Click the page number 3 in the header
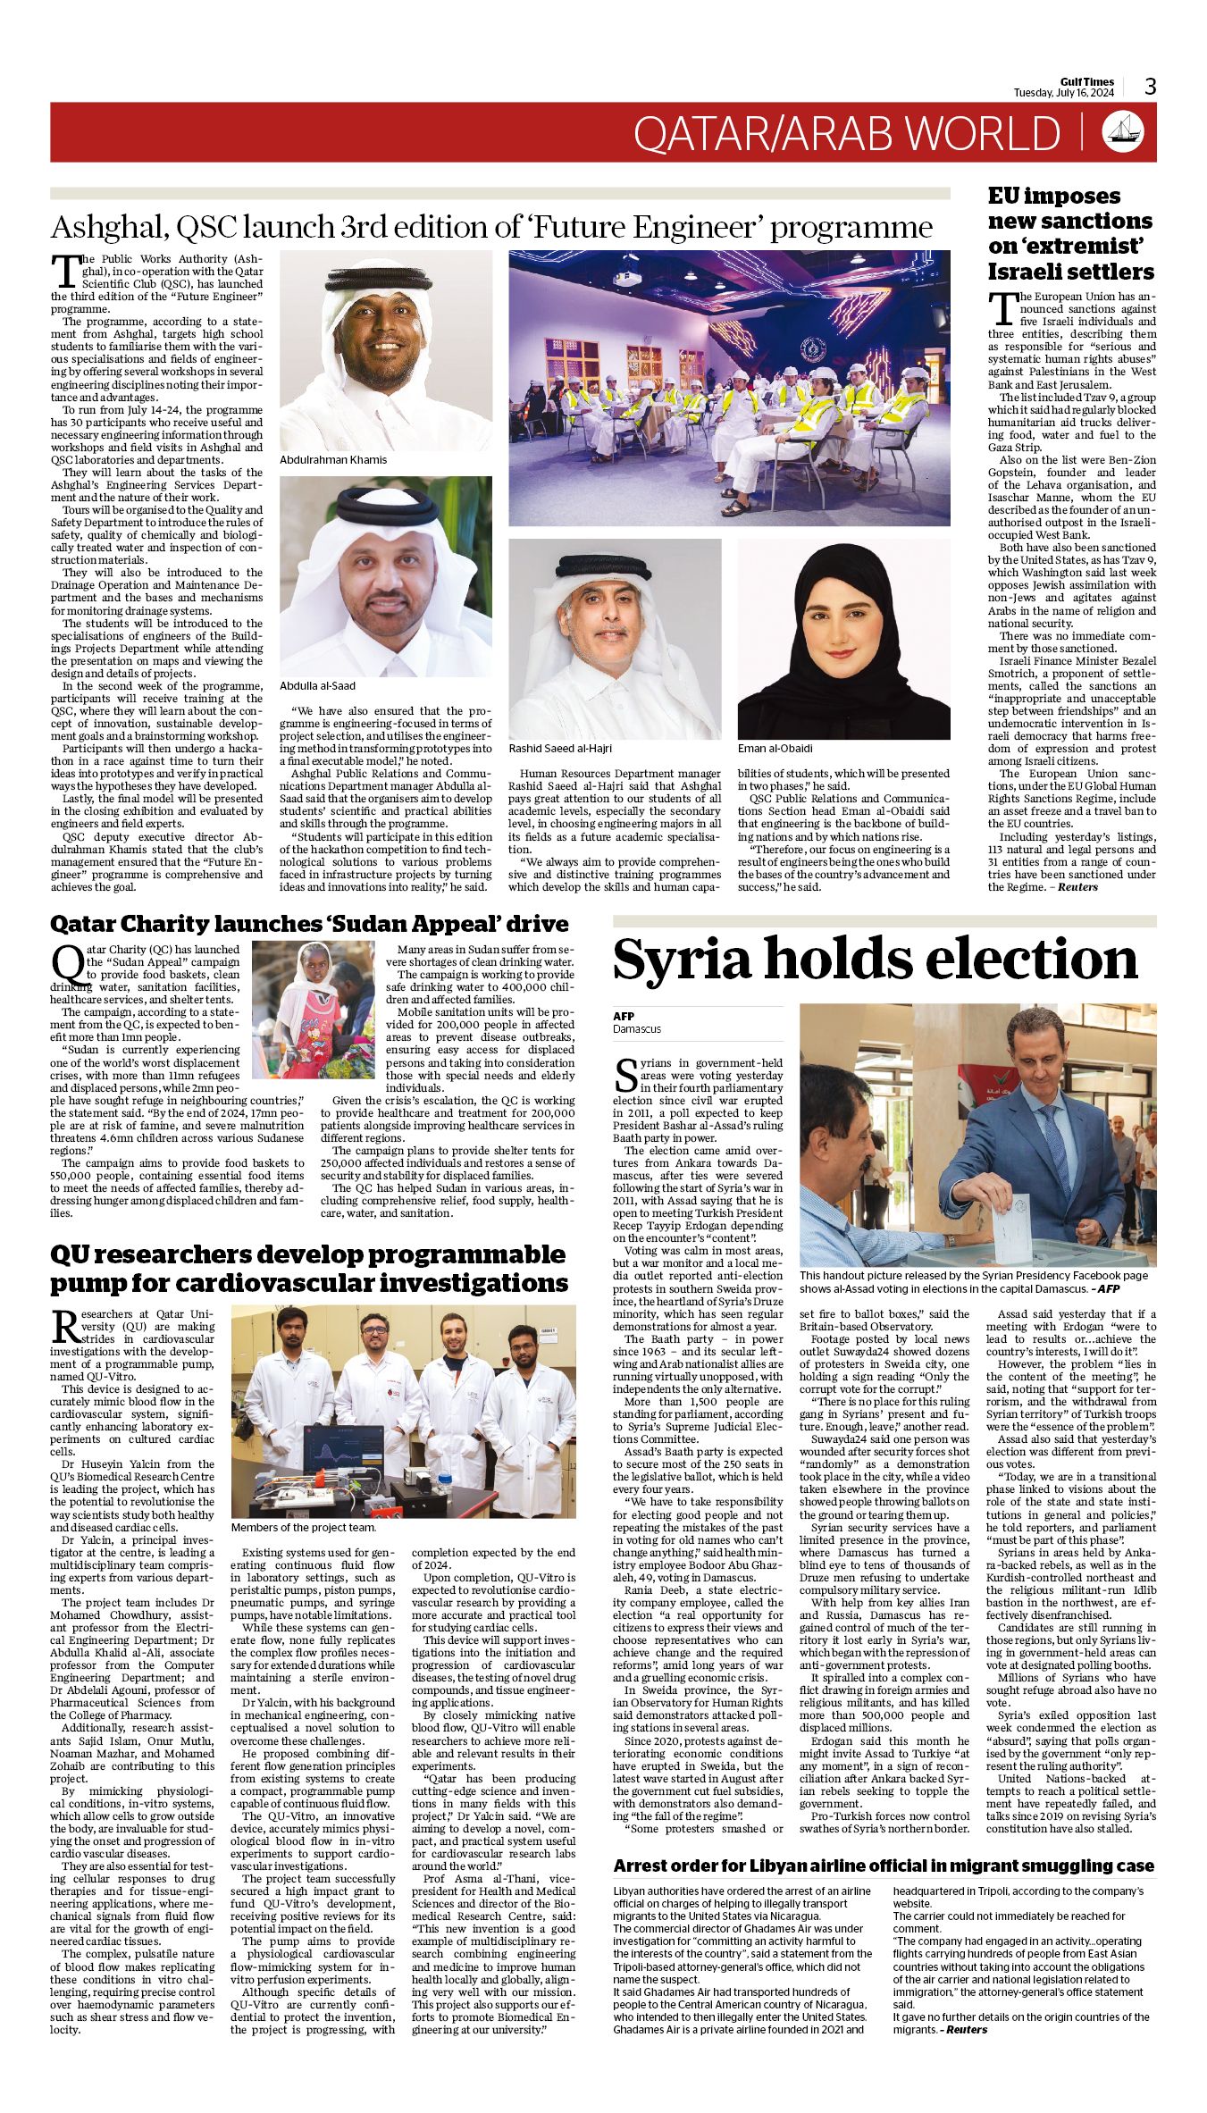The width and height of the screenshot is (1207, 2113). tap(1151, 87)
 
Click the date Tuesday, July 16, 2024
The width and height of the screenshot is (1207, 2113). tap(1063, 93)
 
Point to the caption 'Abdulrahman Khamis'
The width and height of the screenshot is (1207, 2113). tap(333, 459)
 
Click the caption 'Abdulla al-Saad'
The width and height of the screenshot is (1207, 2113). tap(317, 686)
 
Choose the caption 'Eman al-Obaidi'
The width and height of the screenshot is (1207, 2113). tap(775, 748)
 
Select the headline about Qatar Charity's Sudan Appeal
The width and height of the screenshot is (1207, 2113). tap(309, 924)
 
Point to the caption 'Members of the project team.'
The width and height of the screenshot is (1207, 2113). tap(304, 1528)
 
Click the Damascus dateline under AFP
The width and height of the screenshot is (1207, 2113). tap(637, 1029)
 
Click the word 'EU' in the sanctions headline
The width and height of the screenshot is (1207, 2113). tap(1006, 197)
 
